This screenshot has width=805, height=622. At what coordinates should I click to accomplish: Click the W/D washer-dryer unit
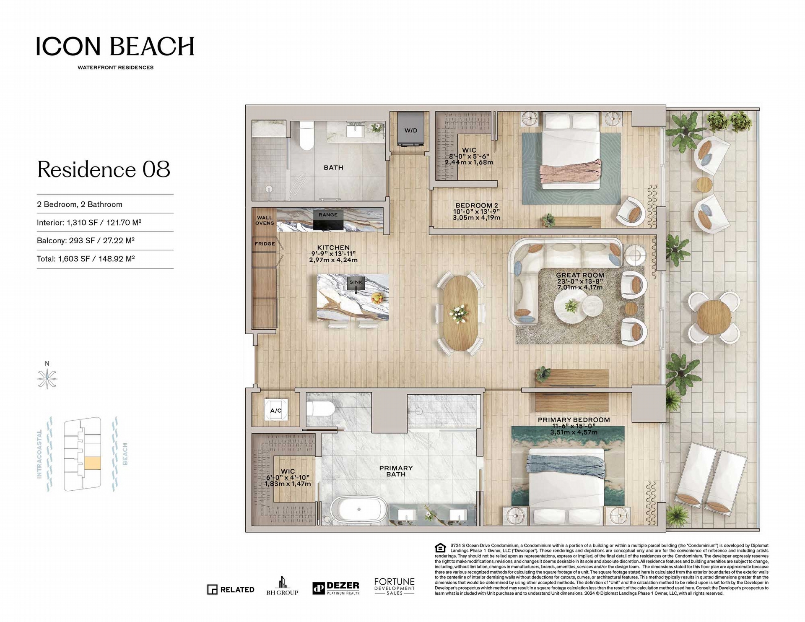pos(411,130)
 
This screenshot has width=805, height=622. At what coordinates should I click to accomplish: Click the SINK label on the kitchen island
pos(356,282)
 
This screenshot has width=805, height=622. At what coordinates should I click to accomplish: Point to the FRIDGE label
pos(265,244)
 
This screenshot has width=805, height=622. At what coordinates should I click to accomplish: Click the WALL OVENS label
pos(265,220)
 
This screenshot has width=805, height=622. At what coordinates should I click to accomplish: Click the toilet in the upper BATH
pos(307,135)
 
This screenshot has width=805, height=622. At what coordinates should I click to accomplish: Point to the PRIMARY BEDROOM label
pos(574,419)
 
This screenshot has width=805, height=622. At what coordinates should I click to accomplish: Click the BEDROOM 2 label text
pos(477,206)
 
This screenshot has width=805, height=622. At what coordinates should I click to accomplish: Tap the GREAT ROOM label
pos(580,275)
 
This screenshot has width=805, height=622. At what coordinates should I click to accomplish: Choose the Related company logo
pos(231,589)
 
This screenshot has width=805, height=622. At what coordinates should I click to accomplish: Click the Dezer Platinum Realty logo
pos(336,588)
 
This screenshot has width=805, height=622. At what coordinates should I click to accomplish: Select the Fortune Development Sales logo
pos(394,586)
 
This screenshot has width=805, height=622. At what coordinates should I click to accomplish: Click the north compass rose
pos(47,379)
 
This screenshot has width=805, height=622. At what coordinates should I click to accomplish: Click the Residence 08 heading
pos(104,169)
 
